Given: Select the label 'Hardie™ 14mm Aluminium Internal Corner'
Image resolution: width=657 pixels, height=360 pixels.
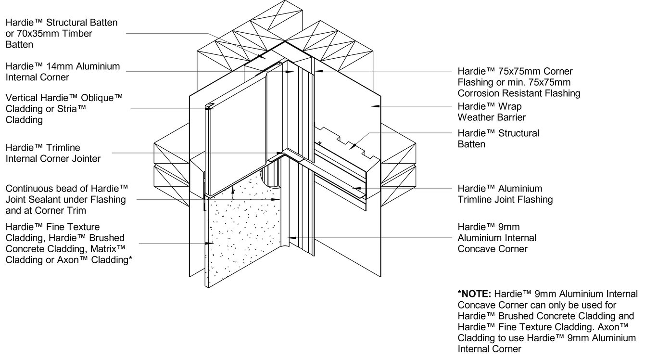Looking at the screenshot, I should (x=63, y=72).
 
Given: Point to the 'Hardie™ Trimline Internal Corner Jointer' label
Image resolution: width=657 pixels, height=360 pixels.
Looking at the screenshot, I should (x=53, y=153).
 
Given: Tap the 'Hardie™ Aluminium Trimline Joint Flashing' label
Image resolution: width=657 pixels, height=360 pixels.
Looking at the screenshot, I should (x=505, y=194).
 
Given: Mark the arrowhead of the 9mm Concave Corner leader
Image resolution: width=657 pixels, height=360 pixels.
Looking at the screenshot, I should (x=290, y=237).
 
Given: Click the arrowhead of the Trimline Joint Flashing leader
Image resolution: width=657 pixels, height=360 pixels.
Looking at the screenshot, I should (x=355, y=188).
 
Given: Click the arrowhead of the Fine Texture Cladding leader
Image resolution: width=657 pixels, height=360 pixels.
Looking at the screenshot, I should (x=207, y=243).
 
